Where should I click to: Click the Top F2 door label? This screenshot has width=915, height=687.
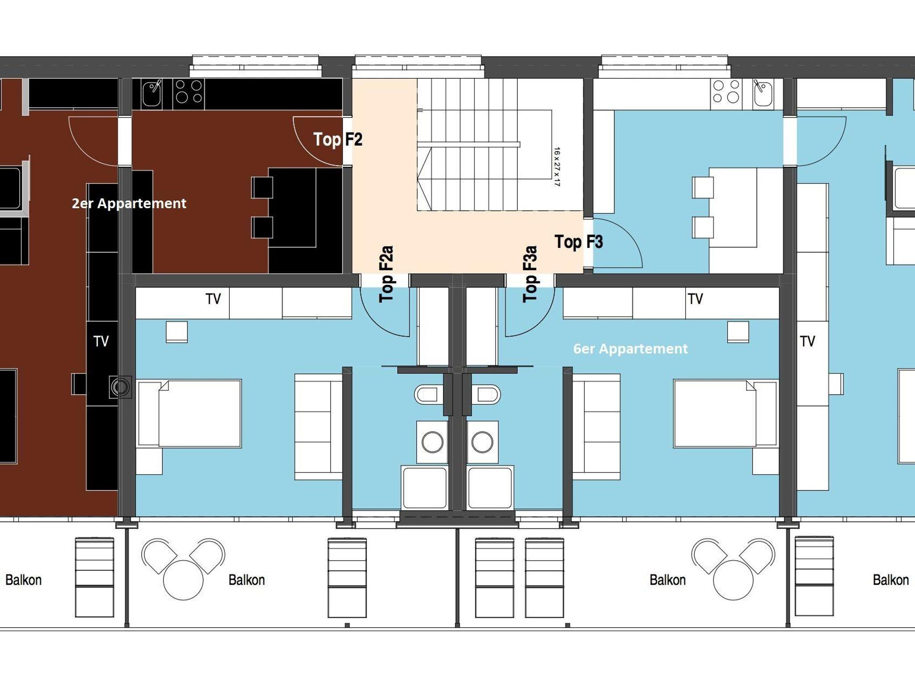338,139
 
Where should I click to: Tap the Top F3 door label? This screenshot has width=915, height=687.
579,242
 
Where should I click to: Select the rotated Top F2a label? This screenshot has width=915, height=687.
386,274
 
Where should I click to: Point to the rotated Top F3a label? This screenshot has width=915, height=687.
530,274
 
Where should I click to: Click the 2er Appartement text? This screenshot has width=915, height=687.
129,203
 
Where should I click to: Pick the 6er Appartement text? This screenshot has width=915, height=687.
630,348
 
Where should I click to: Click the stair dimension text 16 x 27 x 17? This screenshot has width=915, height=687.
557,166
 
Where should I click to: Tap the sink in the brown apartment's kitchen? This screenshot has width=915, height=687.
151,94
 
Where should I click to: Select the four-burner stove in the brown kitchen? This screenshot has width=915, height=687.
189,92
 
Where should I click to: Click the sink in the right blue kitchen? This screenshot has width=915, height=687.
763,93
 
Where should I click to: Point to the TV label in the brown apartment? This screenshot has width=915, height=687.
101,341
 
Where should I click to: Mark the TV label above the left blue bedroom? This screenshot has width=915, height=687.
213,299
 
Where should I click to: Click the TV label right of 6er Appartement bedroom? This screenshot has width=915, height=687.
807,341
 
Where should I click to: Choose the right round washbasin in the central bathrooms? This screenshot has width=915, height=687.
482,442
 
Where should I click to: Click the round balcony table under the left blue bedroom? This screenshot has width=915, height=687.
183,580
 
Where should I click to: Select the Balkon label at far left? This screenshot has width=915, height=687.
23,580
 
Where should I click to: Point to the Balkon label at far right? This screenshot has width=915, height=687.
891,580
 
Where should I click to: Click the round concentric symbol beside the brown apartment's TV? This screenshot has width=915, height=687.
120,387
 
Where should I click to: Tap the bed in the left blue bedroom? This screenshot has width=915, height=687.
189,414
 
